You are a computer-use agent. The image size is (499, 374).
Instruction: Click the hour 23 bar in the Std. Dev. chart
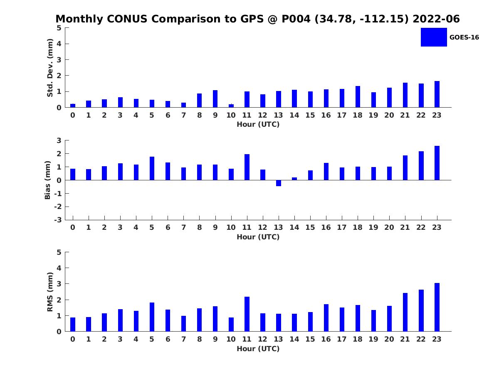click(437, 94)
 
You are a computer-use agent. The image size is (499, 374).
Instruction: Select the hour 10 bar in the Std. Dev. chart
click(231, 106)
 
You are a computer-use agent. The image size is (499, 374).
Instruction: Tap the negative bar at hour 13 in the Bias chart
click(279, 183)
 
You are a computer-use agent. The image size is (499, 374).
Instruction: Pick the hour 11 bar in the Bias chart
click(247, 167)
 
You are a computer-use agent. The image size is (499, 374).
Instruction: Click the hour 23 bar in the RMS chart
click(437, 307)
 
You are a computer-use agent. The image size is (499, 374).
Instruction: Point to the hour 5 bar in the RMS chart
click(152, 317)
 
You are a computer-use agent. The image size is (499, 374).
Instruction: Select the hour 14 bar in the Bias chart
click(294, 179)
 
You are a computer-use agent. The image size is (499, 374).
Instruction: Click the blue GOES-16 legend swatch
click(434, 37)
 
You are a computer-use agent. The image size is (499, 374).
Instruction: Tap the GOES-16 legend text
click(464, 37)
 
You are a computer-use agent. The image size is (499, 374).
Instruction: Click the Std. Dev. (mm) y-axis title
click(50, 68)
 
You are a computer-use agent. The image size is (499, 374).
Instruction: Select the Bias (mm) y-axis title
click(47, 180)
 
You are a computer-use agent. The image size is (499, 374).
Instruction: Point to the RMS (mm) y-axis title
click(50, 292)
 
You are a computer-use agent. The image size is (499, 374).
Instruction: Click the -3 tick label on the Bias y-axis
click(58, 220)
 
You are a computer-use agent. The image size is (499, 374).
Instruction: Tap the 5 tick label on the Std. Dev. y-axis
click(59, 28)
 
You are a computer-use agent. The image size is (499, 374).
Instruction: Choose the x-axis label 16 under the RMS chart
click(326, 339)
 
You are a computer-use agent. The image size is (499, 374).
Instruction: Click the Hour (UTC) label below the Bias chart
click(258, 237)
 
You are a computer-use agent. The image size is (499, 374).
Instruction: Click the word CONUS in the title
click(127, 19)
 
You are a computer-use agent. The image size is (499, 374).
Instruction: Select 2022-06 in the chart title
click(436, 19)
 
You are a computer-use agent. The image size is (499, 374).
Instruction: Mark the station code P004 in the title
click(296, 19)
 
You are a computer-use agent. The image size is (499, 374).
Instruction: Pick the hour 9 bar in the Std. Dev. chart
click(215, 99)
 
